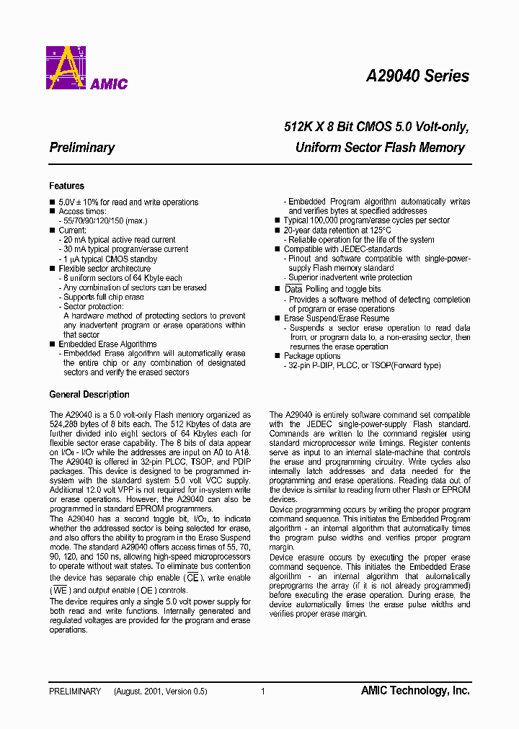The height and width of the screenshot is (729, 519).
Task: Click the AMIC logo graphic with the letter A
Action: tap(67, 68)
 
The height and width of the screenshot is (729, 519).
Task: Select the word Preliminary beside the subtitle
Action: tap(81, 148)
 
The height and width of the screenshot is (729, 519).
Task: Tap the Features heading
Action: tap(66, 186)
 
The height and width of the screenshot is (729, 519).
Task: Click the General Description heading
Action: tap(89, 395)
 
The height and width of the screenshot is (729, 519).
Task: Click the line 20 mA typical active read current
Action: tap(119, 240)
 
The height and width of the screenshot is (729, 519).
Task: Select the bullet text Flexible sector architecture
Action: tap(105, 269)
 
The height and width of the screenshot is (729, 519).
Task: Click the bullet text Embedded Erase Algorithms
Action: tap(107, 344)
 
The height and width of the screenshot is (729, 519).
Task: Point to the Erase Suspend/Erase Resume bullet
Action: tap(336, 318)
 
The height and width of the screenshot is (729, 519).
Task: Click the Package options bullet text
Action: tap(312, 356)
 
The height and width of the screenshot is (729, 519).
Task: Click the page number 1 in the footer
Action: tap(262, 692)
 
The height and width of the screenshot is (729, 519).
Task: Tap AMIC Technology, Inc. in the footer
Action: tap(414, 691)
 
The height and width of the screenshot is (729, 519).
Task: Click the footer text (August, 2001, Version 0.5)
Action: tap(160, 692)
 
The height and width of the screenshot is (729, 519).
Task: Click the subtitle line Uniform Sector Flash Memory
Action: tap(380, 148)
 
